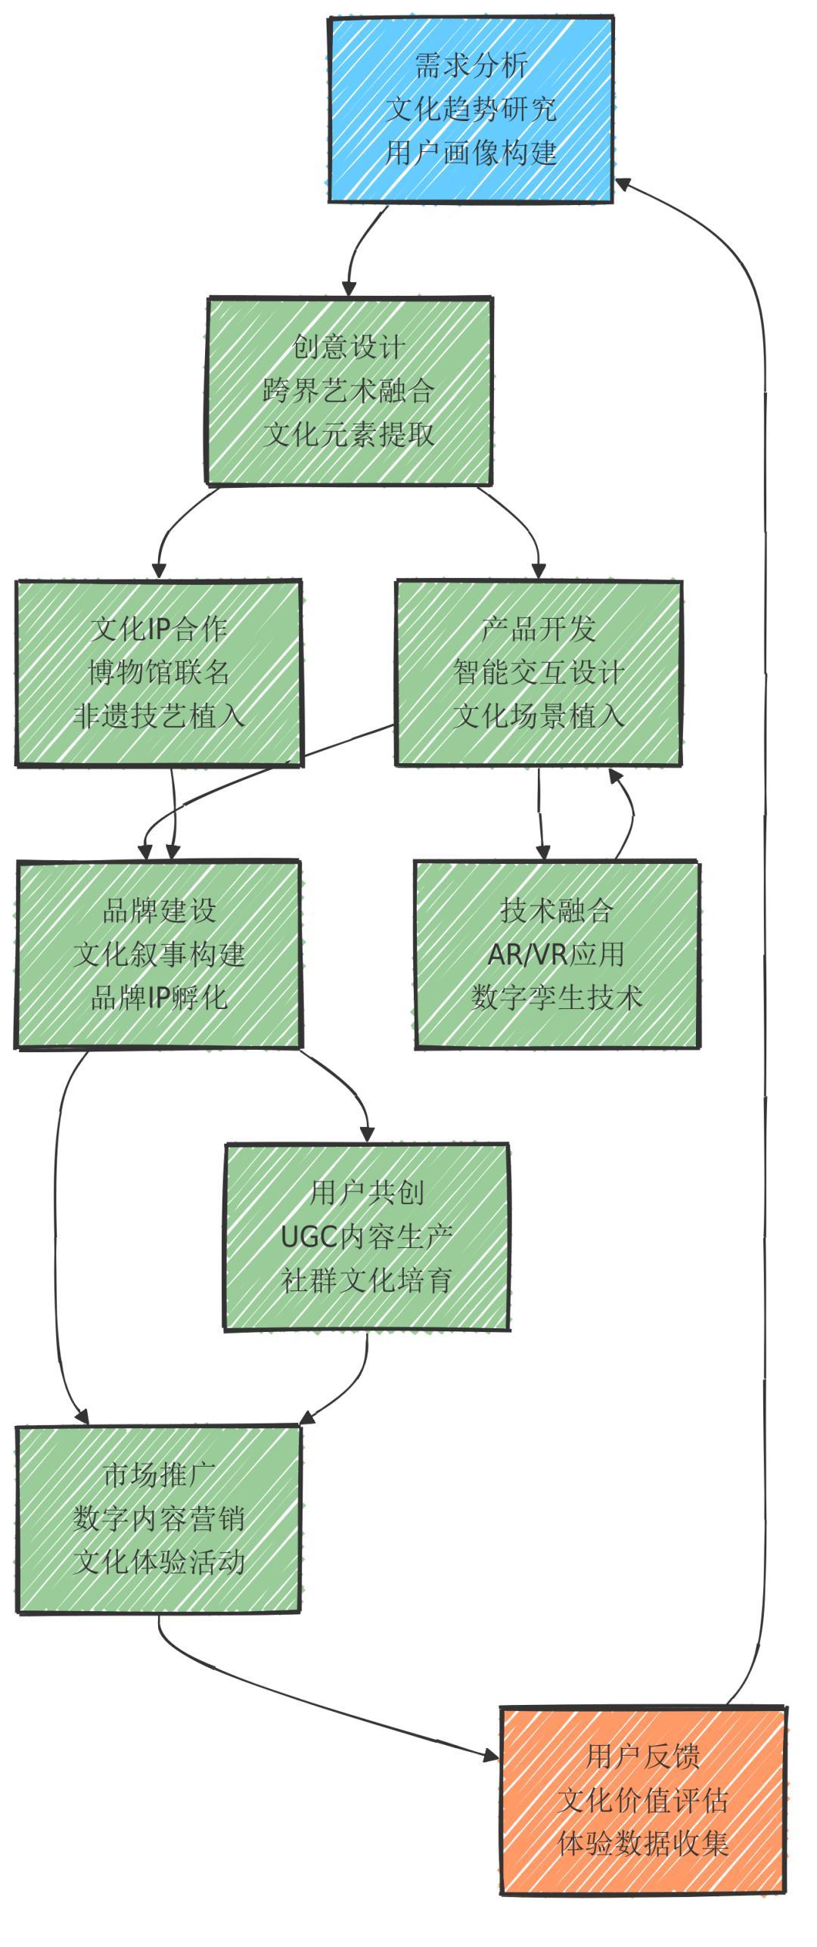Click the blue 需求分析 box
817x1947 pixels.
point(471,110)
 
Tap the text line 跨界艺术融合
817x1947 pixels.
point(349,391)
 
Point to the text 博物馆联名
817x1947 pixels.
point(159,672)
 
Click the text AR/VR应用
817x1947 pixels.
point(557,955)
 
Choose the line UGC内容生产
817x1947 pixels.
point(367,1237)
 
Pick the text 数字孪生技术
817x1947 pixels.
point(557,998)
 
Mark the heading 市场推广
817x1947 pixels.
point(159,1475)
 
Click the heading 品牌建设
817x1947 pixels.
point(159,911)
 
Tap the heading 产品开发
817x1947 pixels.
point(539,629)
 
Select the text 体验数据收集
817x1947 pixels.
point(643,1844)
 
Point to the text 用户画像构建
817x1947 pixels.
point(471,153)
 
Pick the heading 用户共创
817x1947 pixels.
point(367,1194)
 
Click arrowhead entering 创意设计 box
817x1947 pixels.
point(349,289)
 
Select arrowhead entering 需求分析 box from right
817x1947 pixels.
point(623,182)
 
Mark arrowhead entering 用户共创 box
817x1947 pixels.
point(367,1134)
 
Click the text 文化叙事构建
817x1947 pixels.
point(159,955)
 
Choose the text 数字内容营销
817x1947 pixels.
point(159,1519)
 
